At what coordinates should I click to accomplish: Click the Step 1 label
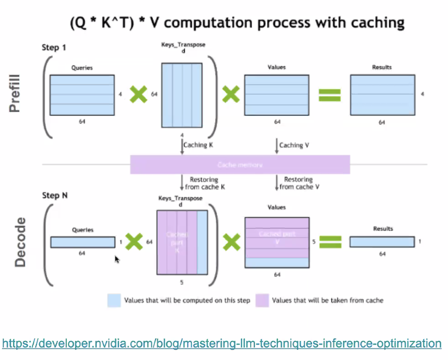tap(54, 48)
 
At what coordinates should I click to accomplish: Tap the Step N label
tap(55, 195)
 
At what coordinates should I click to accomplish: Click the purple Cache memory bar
tap(240, 164)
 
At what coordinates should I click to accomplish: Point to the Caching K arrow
tap(182, 146)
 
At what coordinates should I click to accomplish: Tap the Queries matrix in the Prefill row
tap(82, 95)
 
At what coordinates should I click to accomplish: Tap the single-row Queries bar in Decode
tap(82, 242)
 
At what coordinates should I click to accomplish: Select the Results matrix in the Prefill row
tap(382, 95)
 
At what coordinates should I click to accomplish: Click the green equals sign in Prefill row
tap(329, 95)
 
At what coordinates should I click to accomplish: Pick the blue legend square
tap(114, 300)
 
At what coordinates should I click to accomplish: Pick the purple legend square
tap(262, 300)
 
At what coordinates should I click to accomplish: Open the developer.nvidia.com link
tap(222, 344)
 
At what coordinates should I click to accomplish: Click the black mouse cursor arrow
tap(117, 259)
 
